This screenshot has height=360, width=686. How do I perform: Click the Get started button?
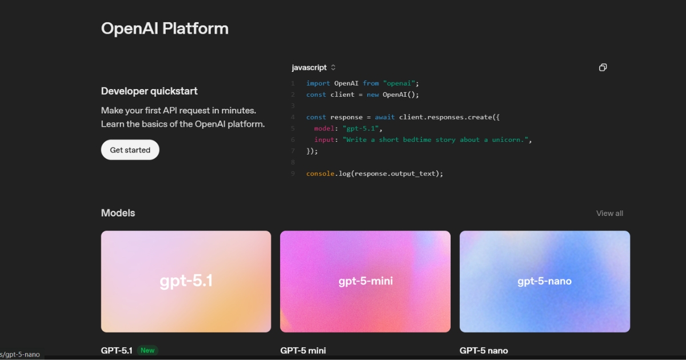point(130,150)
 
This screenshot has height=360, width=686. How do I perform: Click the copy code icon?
point(603,67)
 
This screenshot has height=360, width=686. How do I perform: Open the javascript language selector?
point(314,67)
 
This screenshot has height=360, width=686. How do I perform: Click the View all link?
point(609,213)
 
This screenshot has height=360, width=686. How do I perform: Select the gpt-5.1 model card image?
point(186,281)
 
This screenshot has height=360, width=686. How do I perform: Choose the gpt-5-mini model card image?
point(365,281)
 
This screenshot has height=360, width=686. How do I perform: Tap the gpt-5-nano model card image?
point(545,281)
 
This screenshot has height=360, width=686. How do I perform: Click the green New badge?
point(147,350)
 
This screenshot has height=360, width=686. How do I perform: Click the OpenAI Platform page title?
point(165,29)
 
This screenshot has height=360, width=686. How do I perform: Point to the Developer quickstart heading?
point(149,91)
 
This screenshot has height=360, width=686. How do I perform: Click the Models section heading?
point(118,213)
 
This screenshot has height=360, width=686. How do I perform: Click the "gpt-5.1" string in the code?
point(361,129)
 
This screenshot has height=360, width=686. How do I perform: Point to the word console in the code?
point(320,174)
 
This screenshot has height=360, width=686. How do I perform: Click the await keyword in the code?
point(385,117)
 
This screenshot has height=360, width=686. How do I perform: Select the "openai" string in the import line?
point(399,83)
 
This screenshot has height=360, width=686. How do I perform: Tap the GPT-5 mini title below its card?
point(303,350)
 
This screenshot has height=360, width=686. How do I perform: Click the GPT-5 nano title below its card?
point(484,350)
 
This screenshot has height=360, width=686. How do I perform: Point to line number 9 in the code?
point(293,174)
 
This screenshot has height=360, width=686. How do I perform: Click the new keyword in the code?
point(373,95)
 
